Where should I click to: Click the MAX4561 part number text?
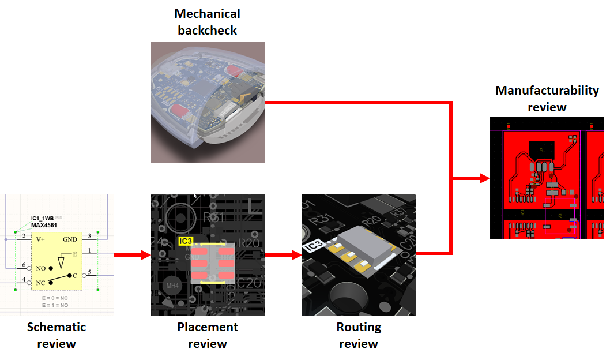point(44,225)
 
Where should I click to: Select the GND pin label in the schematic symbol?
point(70,239)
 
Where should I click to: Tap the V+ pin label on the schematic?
point(41,239)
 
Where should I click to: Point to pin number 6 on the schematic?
point(24,265)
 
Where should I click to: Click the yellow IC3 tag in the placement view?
point(186,241)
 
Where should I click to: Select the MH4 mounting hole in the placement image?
point(172,285)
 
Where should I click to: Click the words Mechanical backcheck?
point(207,22)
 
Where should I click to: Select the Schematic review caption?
point(56,335)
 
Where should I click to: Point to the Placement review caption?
point(207,335)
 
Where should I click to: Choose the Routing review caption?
point(359,335)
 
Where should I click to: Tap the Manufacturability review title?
point(547,99)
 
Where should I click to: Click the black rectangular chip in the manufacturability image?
point(541,149)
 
